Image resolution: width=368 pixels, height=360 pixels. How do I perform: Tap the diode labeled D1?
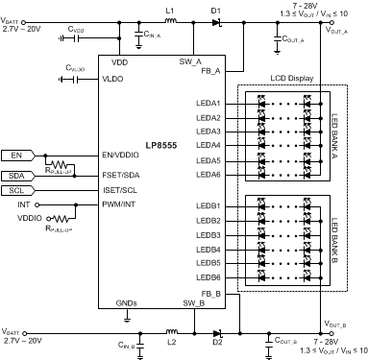coord(217,21)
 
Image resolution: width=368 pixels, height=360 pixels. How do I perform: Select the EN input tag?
coord(17,154)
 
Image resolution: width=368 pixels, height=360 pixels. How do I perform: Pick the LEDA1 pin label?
coord(209,103)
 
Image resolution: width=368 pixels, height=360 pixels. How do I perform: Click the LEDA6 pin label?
coord(209,175)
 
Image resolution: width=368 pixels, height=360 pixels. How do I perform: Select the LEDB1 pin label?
coord(209,206)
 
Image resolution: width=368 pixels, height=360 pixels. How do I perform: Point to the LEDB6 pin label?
coord(209,276)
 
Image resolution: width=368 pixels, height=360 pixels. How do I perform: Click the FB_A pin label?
coord(211,70)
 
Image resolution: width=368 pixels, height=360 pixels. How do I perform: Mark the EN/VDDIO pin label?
coord(122,154)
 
